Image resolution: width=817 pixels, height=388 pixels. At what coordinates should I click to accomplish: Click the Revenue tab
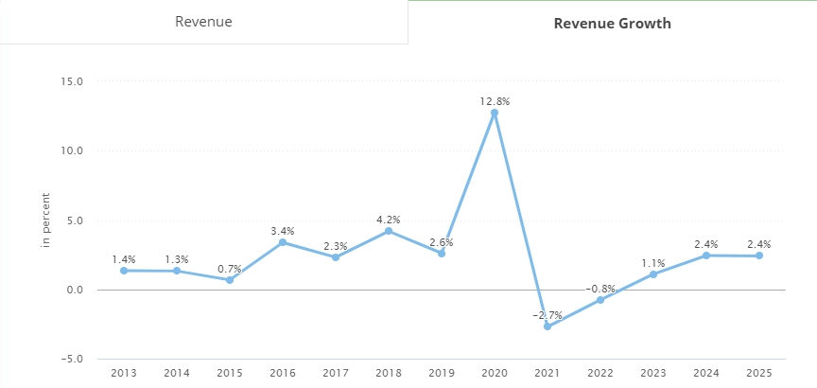click(203, 22)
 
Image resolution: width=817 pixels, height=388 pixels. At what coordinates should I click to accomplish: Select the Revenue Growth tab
click(612, 23)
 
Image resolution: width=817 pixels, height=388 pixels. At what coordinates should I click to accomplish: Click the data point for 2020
click(495, 113)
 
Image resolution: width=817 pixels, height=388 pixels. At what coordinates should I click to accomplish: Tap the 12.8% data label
click(495, 100)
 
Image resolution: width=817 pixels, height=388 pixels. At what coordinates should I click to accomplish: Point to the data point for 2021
click(548, 326)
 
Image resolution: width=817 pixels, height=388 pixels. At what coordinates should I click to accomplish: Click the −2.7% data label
click(548, 314)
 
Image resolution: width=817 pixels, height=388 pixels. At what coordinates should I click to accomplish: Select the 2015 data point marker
click(230, 280)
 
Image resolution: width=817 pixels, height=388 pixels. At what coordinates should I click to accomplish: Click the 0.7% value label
click(230, 268)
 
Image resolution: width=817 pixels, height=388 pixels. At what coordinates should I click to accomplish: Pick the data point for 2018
click(389, 231)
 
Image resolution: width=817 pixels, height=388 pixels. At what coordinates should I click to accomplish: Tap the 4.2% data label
click(389, 219)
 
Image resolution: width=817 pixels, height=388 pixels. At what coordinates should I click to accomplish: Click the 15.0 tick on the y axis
click(73, 81)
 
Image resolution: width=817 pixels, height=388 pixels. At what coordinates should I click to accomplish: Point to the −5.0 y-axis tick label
click(71, 360)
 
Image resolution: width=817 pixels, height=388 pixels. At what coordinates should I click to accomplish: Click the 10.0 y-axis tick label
click(73, 150)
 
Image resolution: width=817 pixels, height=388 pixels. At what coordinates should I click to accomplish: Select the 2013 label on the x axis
click(124, 373)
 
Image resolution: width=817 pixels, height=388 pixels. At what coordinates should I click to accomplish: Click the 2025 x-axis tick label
click(758, 373)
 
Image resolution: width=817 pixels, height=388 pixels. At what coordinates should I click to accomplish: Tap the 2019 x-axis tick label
click(442, 373)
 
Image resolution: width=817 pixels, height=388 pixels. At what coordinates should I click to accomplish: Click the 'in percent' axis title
click(45, 220)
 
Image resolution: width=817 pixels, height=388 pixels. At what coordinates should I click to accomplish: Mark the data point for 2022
click(600, 300)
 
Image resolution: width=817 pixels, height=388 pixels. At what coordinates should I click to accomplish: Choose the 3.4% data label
click(283, 231)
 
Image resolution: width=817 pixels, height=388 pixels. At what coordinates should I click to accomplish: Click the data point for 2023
click(653, 274)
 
